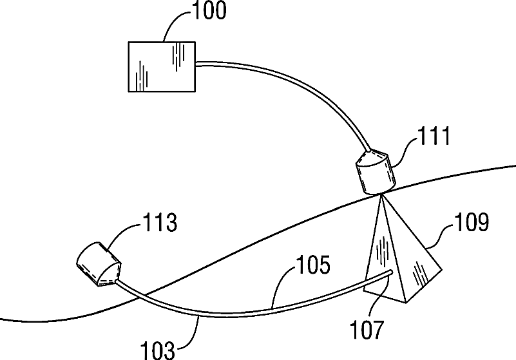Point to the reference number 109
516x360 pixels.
(472, 223)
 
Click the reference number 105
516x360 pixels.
(314, 265)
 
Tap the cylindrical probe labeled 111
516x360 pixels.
(376, 173)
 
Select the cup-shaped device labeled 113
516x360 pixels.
(97, 264)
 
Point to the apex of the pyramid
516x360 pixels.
(381, 196)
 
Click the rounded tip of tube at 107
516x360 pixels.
(391, 273)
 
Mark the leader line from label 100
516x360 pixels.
(173, 25)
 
